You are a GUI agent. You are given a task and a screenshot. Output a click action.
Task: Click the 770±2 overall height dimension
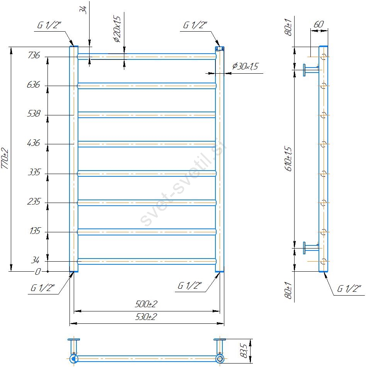point(5,159)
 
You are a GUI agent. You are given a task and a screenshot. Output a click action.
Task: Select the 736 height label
point(34,55)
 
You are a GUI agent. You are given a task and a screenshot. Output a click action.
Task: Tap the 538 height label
point(34,113)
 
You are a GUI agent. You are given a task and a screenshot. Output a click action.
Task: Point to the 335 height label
point(34,172)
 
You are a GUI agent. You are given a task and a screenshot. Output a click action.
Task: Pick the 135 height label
point(35,231)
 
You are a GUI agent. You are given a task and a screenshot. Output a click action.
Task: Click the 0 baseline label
point(38,272)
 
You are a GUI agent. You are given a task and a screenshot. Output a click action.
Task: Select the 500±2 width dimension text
point(146,304)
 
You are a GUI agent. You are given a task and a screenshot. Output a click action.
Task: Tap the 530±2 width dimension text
point(146,317)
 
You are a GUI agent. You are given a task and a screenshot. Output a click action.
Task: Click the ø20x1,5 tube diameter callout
point(117,29)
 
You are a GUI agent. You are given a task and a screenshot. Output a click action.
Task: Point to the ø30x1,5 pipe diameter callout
point(245,66)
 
